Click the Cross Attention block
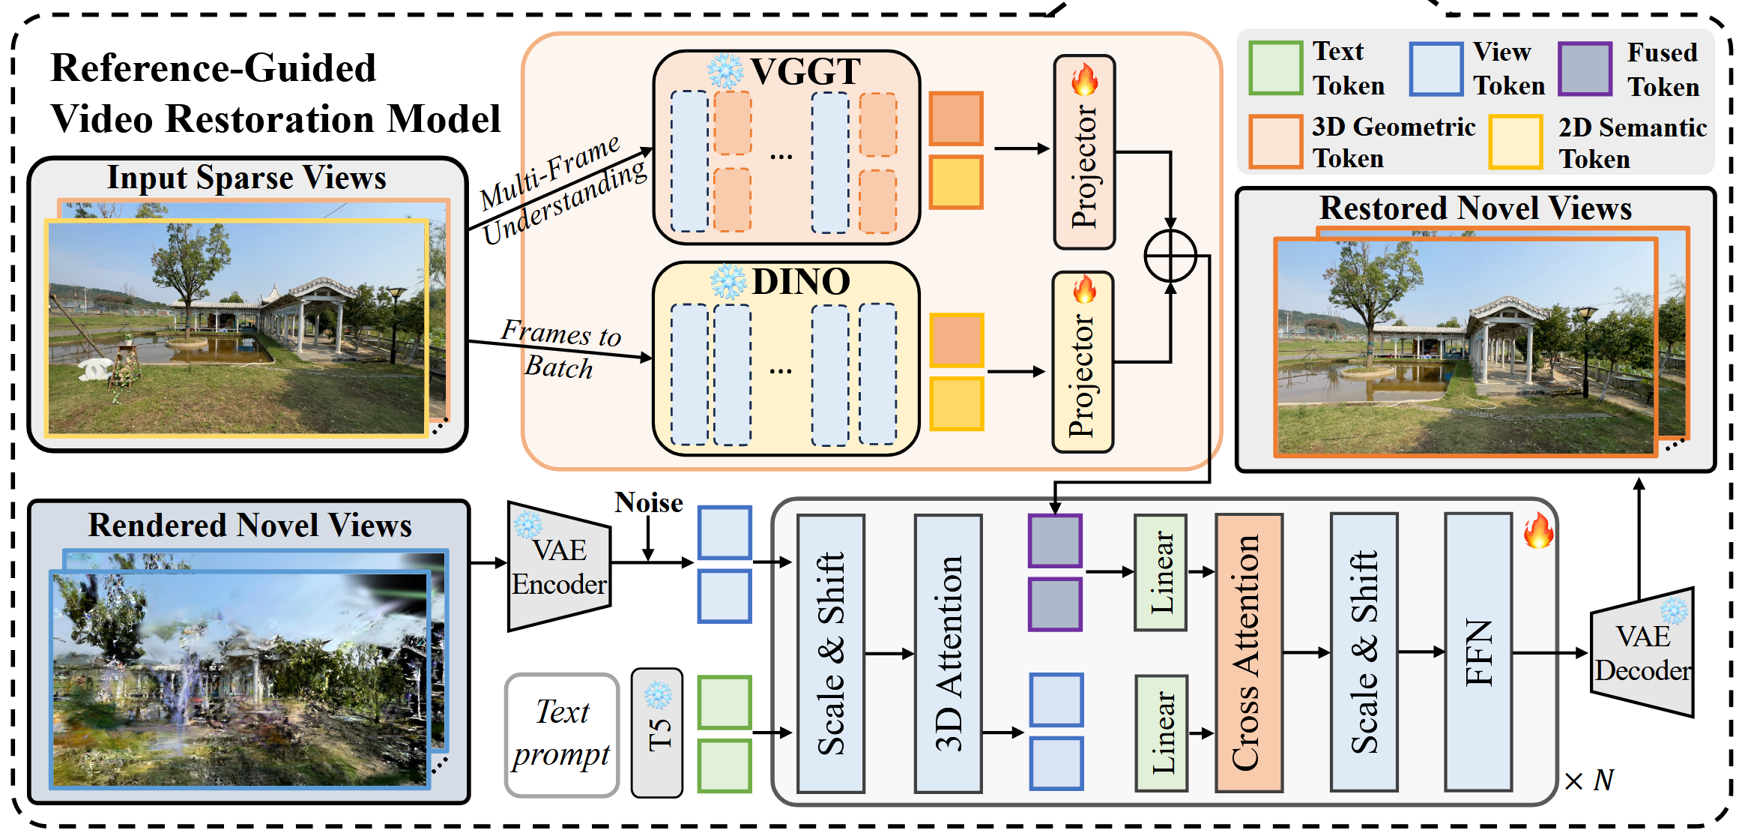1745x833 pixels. point(1248,652)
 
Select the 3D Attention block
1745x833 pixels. point(948,652)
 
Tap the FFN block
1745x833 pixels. point(1478,652)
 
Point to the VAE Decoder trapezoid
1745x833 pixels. point(1642,653)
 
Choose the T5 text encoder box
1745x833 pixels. point(657,733)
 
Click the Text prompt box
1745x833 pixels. point(562,734)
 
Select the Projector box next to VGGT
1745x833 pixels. point(1084,153)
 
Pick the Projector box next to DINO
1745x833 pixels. point(1083,363)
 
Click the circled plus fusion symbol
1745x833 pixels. point(1170,256)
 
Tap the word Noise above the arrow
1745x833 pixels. point(649,502)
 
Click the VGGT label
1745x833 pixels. point(805,72)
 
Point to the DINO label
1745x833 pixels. point(801,282)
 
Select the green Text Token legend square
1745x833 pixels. point(1276,68)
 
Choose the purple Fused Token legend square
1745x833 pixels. point(1585,69)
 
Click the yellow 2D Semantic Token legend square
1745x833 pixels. point(1516,142)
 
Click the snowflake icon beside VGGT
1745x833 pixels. point(725,72)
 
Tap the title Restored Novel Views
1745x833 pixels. point(1475,208)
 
